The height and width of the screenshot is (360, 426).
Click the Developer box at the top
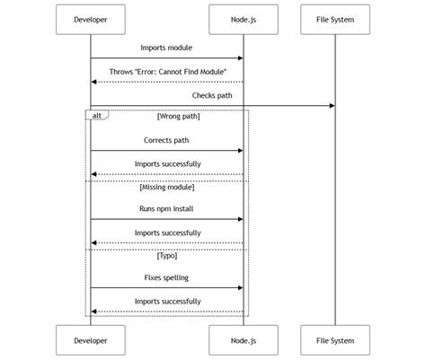point(90,19)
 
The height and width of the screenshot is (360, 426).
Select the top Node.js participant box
point(243,19)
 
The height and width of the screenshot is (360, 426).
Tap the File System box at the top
point(335,19)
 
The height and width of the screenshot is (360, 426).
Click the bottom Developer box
point(90,340)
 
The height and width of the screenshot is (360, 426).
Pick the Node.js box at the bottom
point(243,340)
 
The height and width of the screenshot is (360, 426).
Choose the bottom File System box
point(335,340)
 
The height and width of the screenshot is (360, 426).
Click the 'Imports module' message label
point(166,47)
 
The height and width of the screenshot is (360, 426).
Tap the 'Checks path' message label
point(212,94)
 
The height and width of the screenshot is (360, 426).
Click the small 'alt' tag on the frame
point(96,115)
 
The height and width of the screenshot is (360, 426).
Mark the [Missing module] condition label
point(167,186)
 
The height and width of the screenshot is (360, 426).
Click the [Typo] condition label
point(167,255)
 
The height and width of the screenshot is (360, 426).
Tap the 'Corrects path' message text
point(166,140)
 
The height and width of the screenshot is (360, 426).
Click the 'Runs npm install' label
point(166,208)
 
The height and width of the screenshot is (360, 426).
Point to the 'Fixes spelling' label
point(166,277)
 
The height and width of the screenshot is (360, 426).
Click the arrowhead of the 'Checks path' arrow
point(332,106)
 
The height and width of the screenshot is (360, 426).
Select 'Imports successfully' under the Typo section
point(167,302)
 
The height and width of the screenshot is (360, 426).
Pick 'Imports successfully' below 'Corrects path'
point(167,163)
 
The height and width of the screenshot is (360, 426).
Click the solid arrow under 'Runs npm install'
point(166,219)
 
